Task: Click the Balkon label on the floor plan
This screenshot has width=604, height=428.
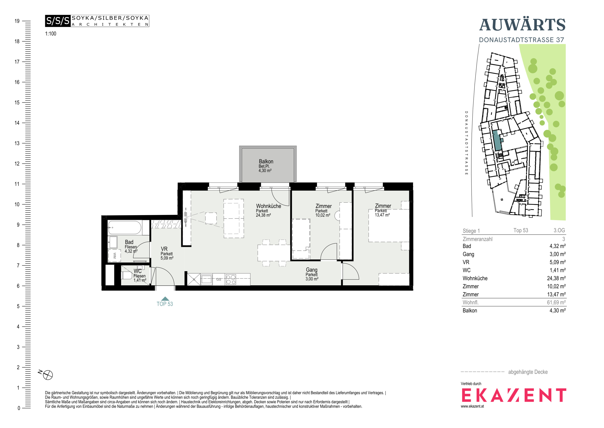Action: click(266, 161)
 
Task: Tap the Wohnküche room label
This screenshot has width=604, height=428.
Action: click(269, 206)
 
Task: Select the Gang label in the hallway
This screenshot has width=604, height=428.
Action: click(311, 270)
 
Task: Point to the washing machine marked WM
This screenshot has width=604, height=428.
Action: click(114, 255)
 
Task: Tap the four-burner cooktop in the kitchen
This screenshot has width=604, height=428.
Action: click(231, 279)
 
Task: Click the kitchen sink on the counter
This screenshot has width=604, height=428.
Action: click(207, 279)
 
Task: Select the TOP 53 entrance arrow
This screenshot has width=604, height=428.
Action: click(165, 299)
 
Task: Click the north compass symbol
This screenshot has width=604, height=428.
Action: click(48, 375)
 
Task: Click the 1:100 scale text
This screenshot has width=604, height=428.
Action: click(51, 34)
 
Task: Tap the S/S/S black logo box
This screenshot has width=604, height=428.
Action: click(58, 21)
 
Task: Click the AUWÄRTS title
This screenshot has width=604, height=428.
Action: click(522, 25)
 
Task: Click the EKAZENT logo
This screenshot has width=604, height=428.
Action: click(514, 395)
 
